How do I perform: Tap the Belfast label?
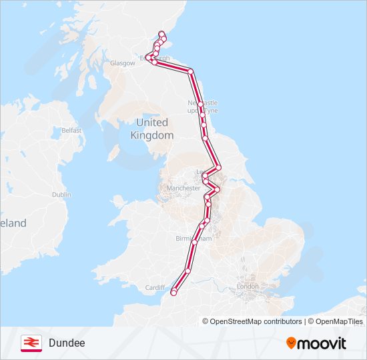pos(71,131)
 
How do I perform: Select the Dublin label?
pos(61,195)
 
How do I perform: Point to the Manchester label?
pos(183,188)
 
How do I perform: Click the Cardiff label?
pos(155,287)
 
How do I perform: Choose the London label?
pos(248,287)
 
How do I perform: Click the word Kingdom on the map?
pos(152,135)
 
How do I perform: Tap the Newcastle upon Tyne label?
pos(203,107)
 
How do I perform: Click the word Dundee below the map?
pos(67,343)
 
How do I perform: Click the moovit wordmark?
pos(322,343)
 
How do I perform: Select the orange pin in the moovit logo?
pos(292,343)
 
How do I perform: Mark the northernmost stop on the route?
pos(161,33)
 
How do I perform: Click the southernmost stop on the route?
pos(173,292)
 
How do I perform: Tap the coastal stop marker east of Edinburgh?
pos(190,71)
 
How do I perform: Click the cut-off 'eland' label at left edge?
pos(13,223)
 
